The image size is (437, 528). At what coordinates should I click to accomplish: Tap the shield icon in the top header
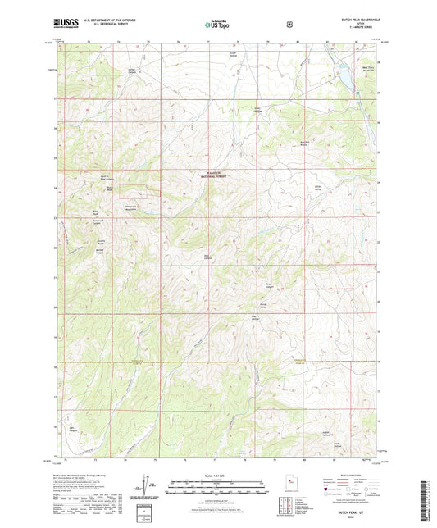289,24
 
